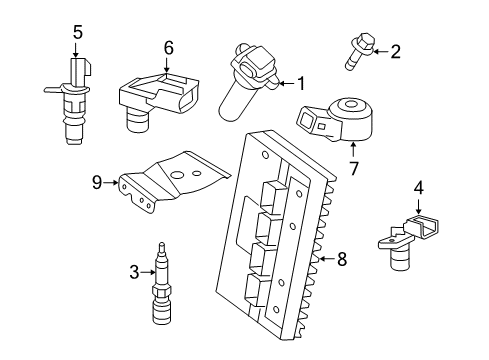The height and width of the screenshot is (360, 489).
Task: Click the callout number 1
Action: (300, 84)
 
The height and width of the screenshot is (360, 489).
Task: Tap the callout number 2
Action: (395, 51)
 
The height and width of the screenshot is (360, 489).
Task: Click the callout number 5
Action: (77, 31)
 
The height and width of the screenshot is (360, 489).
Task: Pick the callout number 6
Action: (169, 47)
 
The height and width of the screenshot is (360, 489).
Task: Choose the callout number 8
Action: (342, 259)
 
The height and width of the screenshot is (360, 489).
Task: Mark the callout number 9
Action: (98, 182)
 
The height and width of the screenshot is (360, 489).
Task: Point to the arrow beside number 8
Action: (324, 259)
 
